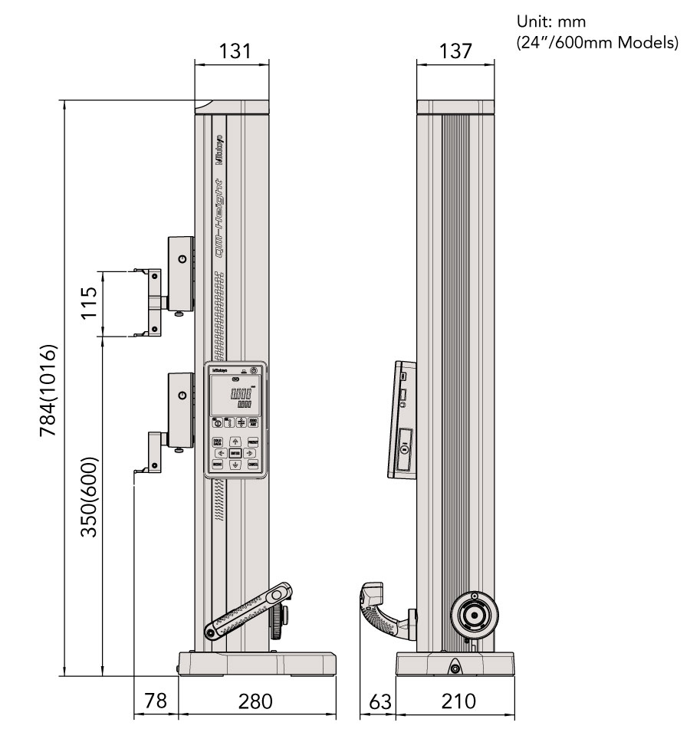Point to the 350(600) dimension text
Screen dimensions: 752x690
[x=88, y=498]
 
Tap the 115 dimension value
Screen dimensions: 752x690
[x=88, y=304]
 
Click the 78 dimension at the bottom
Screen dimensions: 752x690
[x=156, y=701]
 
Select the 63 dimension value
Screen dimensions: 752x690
[x=378, y=701]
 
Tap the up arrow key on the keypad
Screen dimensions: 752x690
[x=235, y=442]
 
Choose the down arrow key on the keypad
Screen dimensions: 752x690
[x=235, y=465]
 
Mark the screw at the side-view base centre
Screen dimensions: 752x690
[x=455, y=669]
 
